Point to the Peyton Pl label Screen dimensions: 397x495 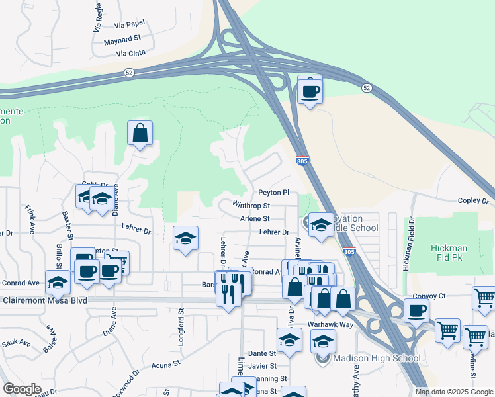pos(274,193)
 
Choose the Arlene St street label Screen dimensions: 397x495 pos(255,218)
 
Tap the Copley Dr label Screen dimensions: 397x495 pos(472,200)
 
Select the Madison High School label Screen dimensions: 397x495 pos(377,359)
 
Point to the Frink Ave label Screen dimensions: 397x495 pos(30,220)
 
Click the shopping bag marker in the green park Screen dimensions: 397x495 pos(140,133)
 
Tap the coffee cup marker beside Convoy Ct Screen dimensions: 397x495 pos(416,310)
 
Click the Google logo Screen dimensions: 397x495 pos(22,389)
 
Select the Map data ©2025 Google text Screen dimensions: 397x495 pos(455,392)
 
